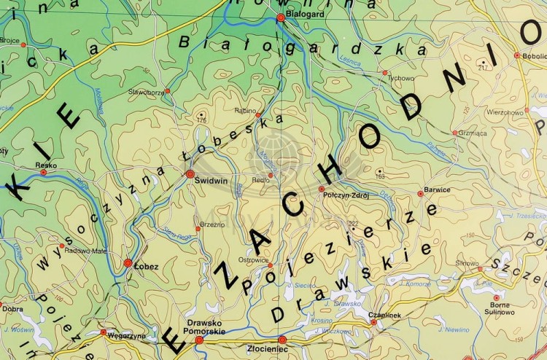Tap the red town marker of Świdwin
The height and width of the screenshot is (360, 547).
point(190,173)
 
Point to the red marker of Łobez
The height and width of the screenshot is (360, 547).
point(128,262)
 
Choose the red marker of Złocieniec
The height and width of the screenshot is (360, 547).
point(282,340)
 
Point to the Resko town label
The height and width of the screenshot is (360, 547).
point(45,165)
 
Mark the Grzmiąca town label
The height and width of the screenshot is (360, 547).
point(470,133)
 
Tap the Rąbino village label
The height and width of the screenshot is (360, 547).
point(244,110)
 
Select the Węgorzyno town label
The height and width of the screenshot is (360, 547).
point(126,336)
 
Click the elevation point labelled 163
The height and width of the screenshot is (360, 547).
point(379,177)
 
